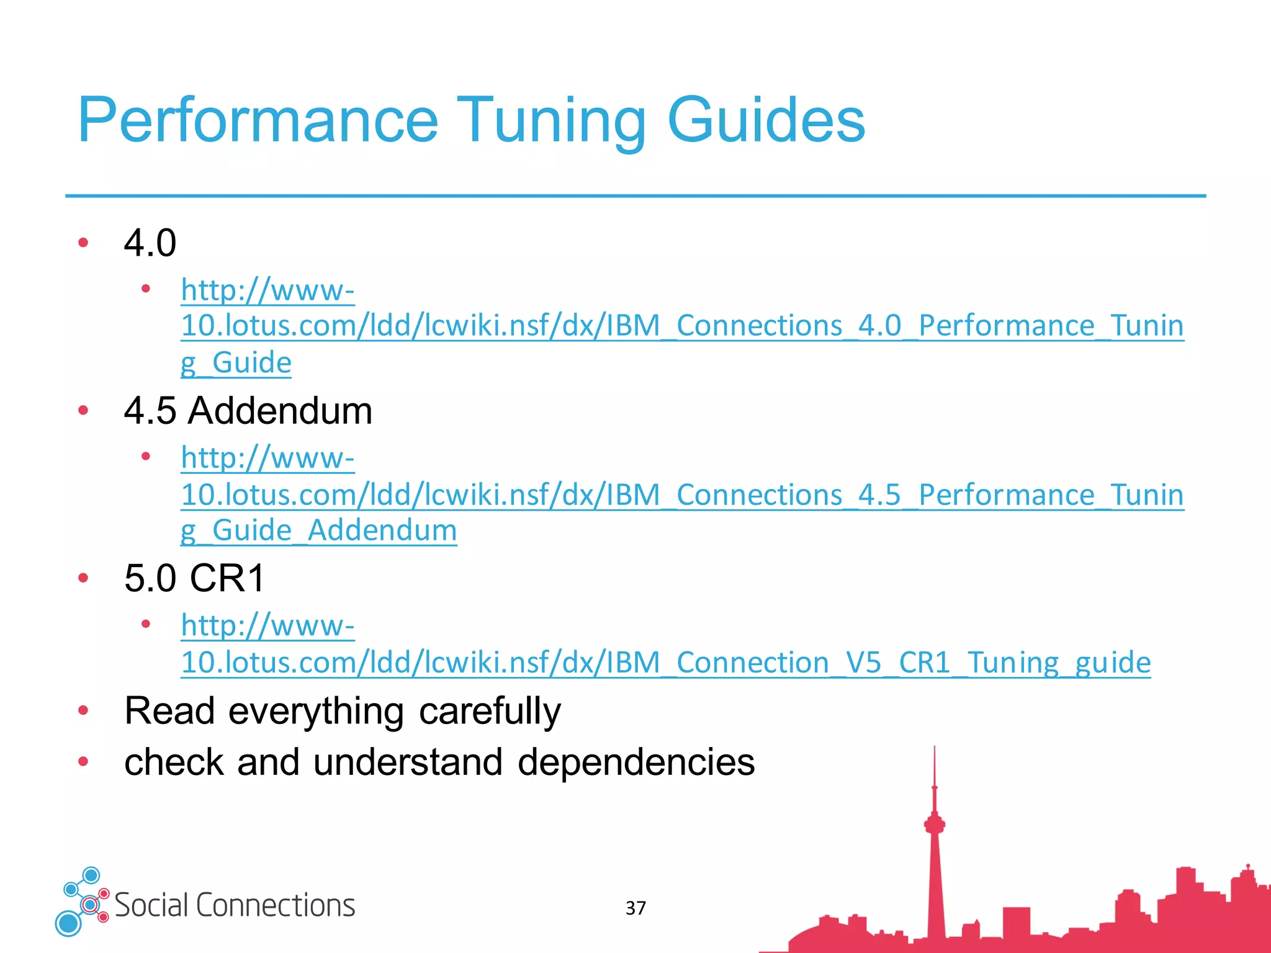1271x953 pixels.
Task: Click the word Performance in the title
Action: [258, 121]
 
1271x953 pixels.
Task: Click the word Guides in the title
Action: [766, 121]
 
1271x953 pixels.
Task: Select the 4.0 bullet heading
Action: [150, 243]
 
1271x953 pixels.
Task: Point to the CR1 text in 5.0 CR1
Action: [227, 578]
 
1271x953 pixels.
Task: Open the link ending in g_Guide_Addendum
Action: [318, 531]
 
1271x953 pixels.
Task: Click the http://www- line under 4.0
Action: [267, 290]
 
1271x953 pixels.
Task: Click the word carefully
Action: [489, 711]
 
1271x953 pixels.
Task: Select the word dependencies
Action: [635, 763]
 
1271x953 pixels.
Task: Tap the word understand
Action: [408, 763]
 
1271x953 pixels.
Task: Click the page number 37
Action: [635, 908]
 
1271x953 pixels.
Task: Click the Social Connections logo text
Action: [235, 905]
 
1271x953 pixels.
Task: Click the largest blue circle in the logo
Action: [68, 923]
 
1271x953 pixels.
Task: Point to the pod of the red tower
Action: [934, 824]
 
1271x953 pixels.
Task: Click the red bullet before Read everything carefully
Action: [83, 710]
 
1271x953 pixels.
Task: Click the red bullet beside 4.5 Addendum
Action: [83, 410]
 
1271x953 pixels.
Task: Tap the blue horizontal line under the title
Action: [635, 196]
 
